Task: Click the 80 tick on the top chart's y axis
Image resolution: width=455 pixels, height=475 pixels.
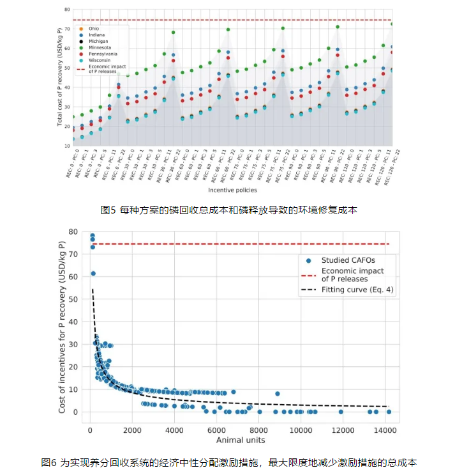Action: click(67, 10)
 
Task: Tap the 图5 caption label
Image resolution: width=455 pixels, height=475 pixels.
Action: click(109, 209)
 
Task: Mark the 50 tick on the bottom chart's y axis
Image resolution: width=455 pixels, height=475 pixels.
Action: click(75, 299)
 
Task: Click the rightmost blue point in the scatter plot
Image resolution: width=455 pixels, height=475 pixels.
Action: click(389, 412)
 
